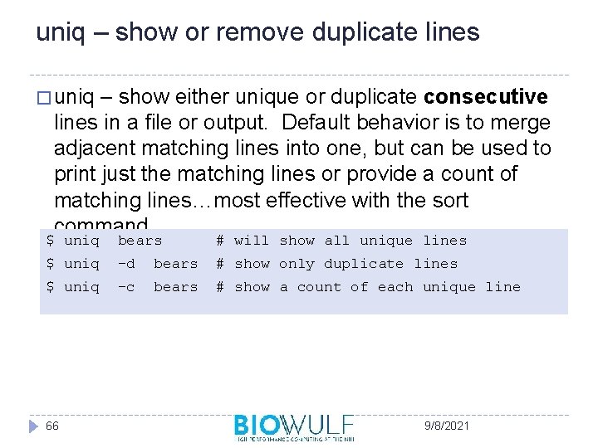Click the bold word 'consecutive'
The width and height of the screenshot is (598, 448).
pyautogui.click(x=486, y=97)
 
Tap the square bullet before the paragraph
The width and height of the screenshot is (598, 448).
pyautogui.click(x=43, y=98)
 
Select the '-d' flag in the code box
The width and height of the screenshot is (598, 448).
pyautogui.click(x=126, y=264)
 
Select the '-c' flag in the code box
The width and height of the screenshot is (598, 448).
pyautogui.click(x=126, y=287)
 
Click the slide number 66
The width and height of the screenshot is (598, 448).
pyautogui.click(x=51, y=426)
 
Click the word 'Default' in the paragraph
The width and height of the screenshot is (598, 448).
pyautogui.click(x=315, y=123)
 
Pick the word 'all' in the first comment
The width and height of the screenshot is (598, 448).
pyautogui.click(x=336, y=241)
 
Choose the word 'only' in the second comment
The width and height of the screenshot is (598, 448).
pyautogui.click(x=297, y=264)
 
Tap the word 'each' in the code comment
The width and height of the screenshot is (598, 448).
pyautogui.click(x=395, y=287)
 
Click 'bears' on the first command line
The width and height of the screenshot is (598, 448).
pyautogui.click(x=140, y=241)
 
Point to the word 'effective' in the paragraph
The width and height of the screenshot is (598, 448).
pyautogui.click(x=331, y=200)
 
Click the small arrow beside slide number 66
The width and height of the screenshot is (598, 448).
pyautogui.click(x=33, y=426)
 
